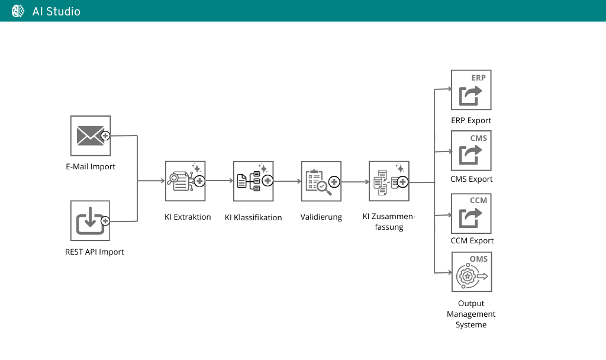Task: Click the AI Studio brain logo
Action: coord(18,11)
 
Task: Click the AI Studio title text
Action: coord(56,11)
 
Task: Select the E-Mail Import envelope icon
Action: coord(90,136)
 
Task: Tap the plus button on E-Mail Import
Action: coord(106,136)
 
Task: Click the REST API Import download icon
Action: coord(90,220)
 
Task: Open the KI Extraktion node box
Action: coord(185,181)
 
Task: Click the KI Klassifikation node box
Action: coord(253,181)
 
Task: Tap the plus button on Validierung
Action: coord(334,182)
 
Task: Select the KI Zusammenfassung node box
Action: coord(389,181)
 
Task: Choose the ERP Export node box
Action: coord(471,90)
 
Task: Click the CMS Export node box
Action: coord(471,150)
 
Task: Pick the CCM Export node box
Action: coord(471,213)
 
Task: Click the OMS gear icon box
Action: coord(471,272)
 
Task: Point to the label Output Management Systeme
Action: coord(471,314)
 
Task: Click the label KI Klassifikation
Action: coord(253,217)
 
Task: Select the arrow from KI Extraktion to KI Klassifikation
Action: coord(219,181)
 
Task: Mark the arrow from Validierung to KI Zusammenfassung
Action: coord(355,182)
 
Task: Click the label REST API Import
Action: coord(95,252)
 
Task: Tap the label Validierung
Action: coord(321,217)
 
